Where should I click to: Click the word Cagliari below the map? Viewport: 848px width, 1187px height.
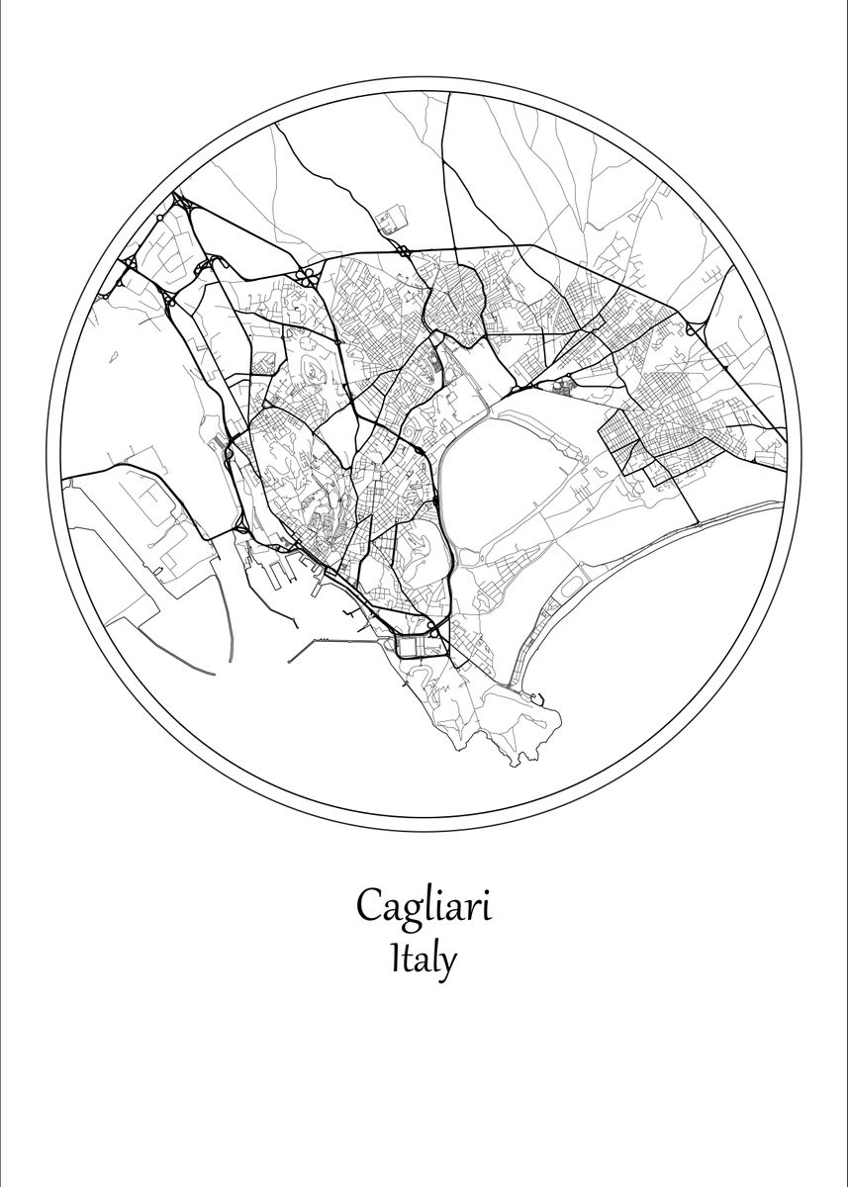coord(424,906)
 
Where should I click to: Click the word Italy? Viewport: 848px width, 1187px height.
coord(424,959)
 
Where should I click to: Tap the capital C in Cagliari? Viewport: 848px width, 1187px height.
coord(370,906)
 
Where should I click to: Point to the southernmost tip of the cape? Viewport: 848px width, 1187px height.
coord(515,762)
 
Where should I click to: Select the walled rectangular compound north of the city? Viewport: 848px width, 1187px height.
coord(390,220)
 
